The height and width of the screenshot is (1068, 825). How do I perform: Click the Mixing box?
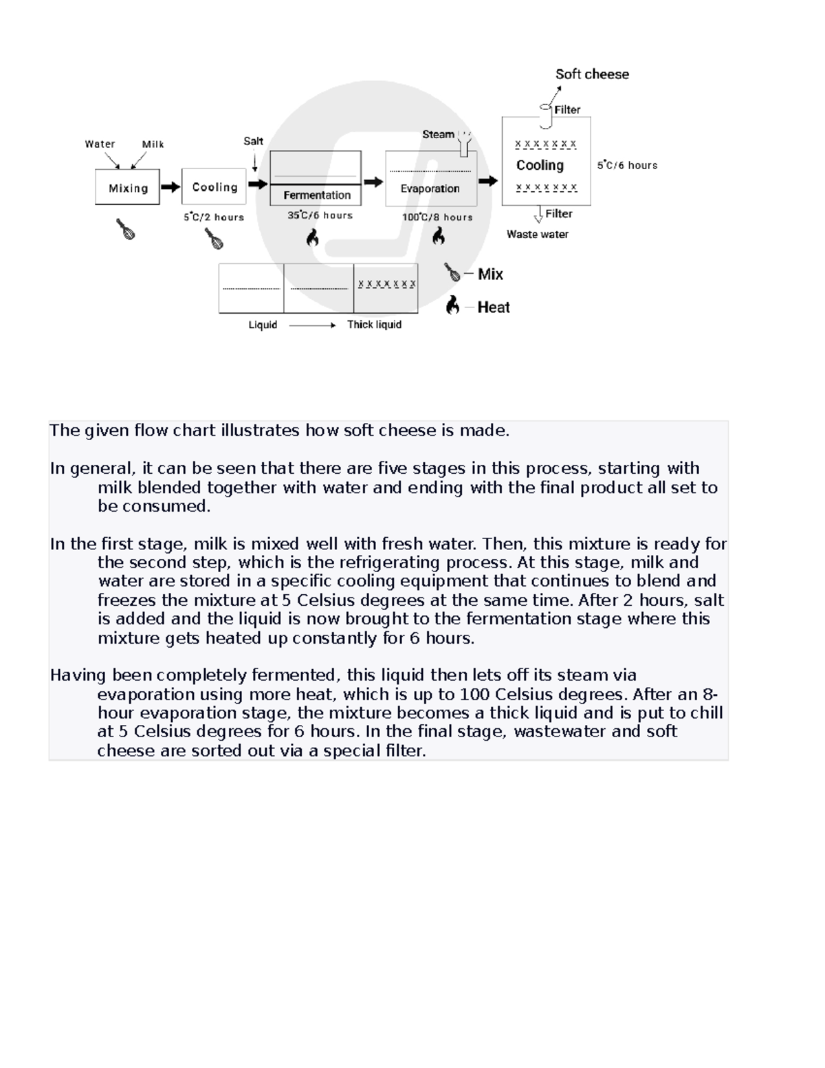click(x=128, y=187)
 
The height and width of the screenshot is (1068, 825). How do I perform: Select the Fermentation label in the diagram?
click(x=317, y=195)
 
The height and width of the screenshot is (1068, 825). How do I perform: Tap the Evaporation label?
click(x=430, y=188)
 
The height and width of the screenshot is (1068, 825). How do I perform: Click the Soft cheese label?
click(x=592, y=74)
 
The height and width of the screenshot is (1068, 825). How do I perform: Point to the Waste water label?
click(x=538, y=235)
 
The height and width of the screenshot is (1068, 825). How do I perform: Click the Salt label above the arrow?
click(x=253, y=141)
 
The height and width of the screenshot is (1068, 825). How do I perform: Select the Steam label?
click(x=438, y=135)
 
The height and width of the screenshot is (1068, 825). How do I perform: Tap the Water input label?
click(x=100, y=144)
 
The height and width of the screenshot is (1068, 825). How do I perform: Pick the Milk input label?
click(x=153, y=144)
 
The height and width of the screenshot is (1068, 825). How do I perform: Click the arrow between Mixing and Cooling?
click(x=170, y=187)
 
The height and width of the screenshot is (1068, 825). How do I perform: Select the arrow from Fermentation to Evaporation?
click(x=373, y=182)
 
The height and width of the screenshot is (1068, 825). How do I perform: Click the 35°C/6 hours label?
click(x=320, y=215)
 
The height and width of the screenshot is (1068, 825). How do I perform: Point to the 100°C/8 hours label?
click(x=437, y=217)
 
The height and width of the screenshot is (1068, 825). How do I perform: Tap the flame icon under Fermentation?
click(x=312, y=238)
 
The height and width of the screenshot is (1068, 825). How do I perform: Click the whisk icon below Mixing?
click(x=126, y=229)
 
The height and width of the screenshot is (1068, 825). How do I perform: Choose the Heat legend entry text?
click(x=494, y=307)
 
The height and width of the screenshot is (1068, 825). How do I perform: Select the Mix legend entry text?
click(x=490, y=274)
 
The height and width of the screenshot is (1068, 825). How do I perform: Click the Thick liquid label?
click(x=374, y=325)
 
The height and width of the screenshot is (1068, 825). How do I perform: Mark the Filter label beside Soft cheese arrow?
click(x=567, y=110)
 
